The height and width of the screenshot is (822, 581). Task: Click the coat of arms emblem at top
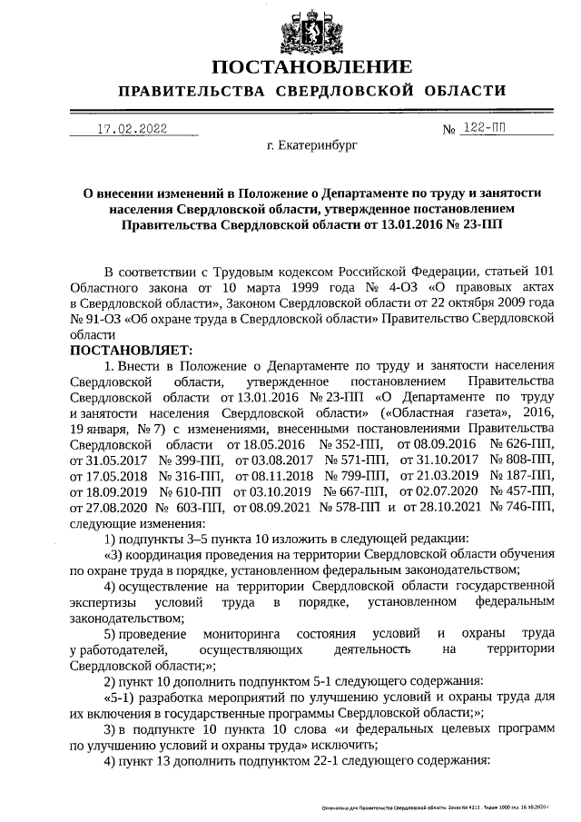[311, 29]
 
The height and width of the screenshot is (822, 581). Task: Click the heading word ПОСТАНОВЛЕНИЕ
[311, 67]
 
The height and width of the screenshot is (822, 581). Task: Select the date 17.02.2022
[132, 129]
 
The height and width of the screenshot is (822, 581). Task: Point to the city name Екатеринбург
[312, 145]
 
